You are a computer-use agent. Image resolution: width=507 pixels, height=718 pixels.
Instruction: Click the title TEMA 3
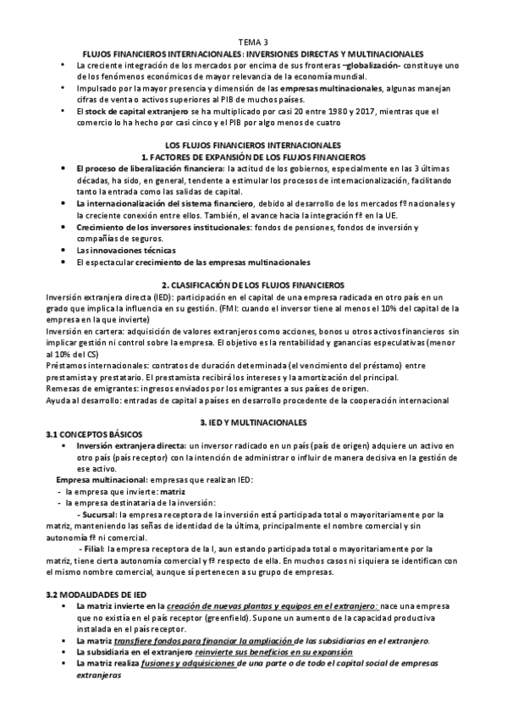pyautogui.click(x=253, y=41)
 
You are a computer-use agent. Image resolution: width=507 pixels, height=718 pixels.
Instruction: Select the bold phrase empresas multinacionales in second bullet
pyautogui.click(x=336, y=87)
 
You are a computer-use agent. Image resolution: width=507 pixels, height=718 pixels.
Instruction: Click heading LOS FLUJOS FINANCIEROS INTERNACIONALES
pyautogui.click(x=253, y=146)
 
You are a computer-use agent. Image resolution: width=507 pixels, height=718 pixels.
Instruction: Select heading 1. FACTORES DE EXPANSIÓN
pyautogui.click(x=253, y=157)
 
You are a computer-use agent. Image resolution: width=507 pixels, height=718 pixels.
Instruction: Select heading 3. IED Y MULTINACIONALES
pyautogui.click(x=253, y=421)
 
